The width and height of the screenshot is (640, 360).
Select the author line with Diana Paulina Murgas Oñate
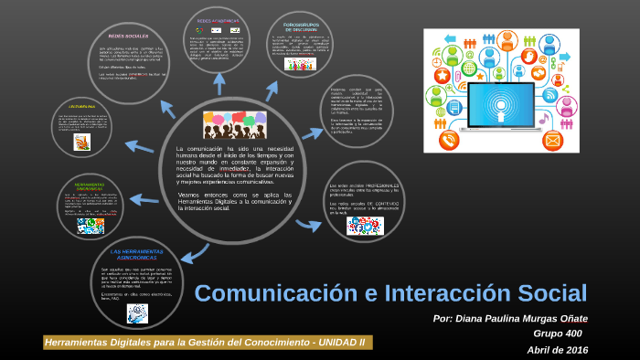511,319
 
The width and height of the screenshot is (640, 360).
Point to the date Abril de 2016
557,350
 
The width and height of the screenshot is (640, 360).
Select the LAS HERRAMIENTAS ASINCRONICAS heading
136,253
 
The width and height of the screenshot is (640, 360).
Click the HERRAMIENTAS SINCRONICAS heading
89,186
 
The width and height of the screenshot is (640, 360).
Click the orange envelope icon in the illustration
552,140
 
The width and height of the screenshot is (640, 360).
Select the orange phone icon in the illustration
449,139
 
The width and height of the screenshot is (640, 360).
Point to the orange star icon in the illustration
443,76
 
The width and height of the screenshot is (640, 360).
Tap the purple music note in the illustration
543,119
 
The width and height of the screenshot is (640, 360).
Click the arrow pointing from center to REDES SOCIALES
167,109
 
